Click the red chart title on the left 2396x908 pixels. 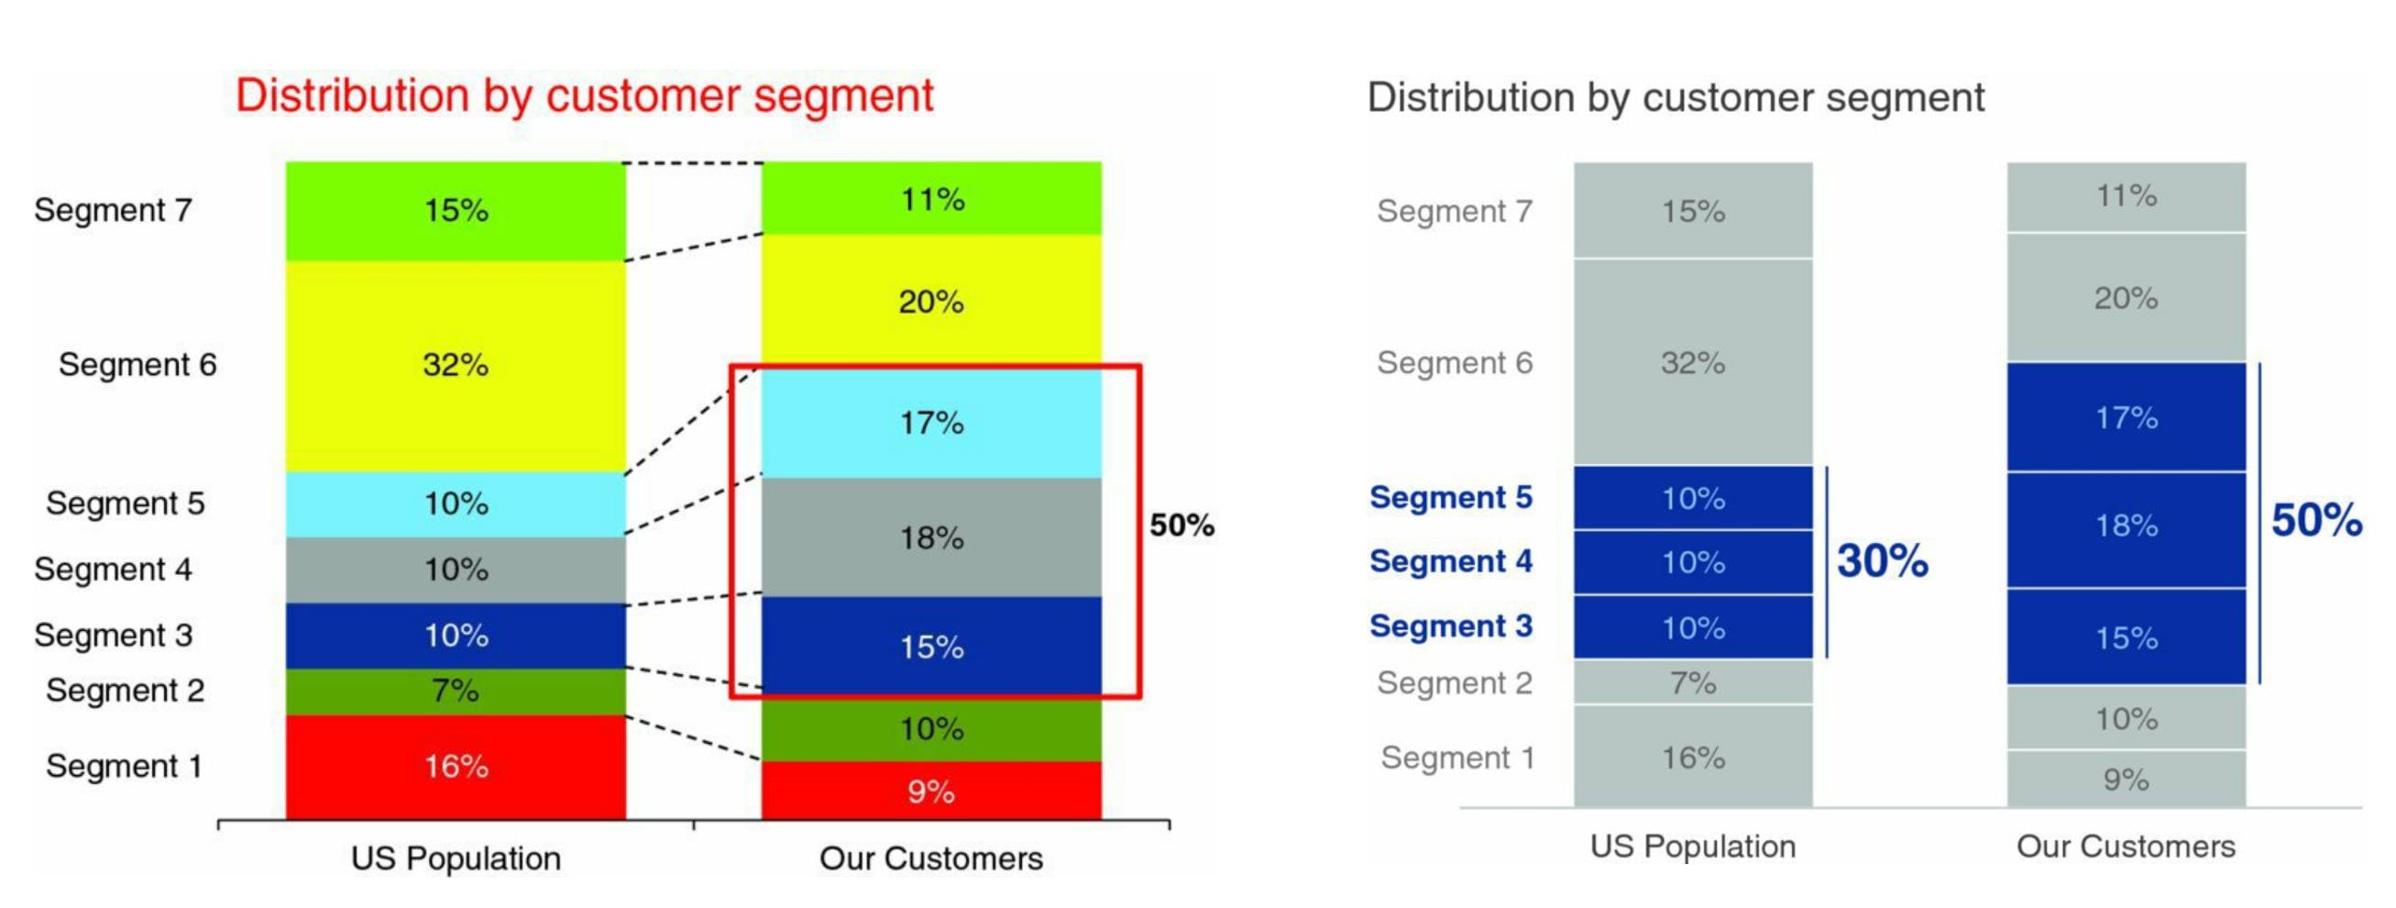pyautogui.click(x=584, y=95)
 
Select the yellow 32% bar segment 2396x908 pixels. pyautogui.click(x=455, y=365)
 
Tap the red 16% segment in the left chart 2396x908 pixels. pyautogui.click(x=455, y=766)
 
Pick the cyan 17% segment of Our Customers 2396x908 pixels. pyautogui.click(x=931, y=424)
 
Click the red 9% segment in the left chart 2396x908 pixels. pyautogui.click(x=931, y=792)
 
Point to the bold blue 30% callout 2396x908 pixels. pyautogui.click(x=1882, y=561)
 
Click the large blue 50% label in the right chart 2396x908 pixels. pyautogui.click(x=2316, y=520)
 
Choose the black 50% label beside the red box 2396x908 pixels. pyautogui.click(x=1182, y=526)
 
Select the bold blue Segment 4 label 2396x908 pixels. pyautogui.click(x=1450, y=562)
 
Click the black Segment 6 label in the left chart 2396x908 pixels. pyautogui.click(x=137, y=365)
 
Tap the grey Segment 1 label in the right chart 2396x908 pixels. pyautogui.click(x=1456, y=758)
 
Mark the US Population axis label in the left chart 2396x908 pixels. pyautogui.click(x=456, y=858)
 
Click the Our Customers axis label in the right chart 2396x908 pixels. pyautogui.click(x=2126, y=847)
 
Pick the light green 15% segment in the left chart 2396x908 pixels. pyautogui.click(x=455, y=210)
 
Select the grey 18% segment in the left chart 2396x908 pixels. pyautogui.click(x=931, y=537)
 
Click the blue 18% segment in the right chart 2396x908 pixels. pyautogui.click(x=2126, y=526)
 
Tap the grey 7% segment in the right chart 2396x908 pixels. pyautogui.click(x=1692, y=683)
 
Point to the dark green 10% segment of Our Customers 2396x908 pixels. pyautogui.click(x=931, y=728)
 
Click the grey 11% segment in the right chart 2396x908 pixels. pyautogui.click(x=2126, y=196)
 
